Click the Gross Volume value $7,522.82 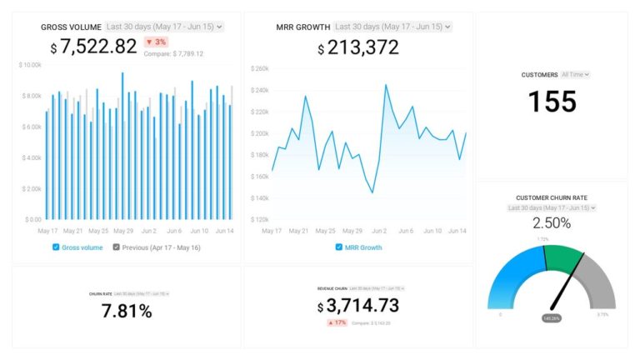point(93,47)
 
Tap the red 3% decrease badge point(156,42)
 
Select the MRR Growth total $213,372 point(358,47)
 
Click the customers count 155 point(552,102)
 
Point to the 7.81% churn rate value point(127,312)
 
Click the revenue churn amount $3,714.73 point(358,306)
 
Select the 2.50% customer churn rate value point(552,223)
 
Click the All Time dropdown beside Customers point(576,75)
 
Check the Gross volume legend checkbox point(56,247)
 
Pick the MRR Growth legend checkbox point(338,247)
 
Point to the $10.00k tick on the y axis point(30,65)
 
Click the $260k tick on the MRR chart point(258,69)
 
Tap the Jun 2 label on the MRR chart point(378,231)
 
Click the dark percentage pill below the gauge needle point(551,318)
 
